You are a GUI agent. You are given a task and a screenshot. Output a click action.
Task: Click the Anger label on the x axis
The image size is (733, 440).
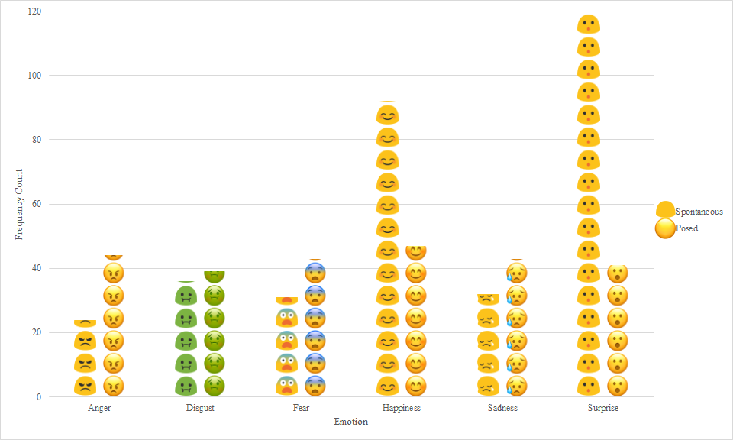[x=99, y=408]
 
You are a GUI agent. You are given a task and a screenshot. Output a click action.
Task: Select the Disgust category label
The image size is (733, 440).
[x=200, y=408]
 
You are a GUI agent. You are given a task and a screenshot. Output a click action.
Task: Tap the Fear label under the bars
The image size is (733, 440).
[x=301, y=408]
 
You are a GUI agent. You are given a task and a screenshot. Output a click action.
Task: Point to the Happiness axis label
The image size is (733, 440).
[x=402, y=408]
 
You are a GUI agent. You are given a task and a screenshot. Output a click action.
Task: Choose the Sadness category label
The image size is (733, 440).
[x=502, y=408]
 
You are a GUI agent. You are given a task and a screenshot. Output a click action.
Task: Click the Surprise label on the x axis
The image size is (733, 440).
[x=603, y=408]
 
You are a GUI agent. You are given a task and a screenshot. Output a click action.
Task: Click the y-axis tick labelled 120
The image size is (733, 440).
[x=34, y=11]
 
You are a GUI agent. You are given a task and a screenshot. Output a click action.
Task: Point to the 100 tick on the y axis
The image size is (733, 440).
[x=34, y=76]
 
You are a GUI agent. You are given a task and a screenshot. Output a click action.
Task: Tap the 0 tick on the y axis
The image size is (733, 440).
[x=39, y=397]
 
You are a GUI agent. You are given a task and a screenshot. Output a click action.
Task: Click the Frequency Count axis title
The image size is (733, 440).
[x=20, y=205]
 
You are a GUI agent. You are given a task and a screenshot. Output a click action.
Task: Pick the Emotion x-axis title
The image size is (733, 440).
[x=351, y=422]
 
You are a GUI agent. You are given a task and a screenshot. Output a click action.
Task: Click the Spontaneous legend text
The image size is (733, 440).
[x=699, y=212]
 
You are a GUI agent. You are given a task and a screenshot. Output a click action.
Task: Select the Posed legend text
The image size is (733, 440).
[x=686, y=228]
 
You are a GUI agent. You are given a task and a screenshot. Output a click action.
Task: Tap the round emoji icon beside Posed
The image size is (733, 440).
[x=665, y=228]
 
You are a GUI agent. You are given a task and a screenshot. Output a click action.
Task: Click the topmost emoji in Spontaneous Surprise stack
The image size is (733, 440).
[x=588, y=24]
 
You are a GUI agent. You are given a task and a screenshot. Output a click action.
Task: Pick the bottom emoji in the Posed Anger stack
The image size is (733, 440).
[x=113, y=386]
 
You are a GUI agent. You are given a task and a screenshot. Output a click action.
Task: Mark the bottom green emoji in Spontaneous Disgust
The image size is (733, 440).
[x=186, y=386]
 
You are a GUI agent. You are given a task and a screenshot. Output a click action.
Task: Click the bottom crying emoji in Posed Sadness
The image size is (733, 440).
[x=516, y=386]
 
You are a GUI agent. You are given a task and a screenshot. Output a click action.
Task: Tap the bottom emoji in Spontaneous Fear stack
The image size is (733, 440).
[x=287, y=386]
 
